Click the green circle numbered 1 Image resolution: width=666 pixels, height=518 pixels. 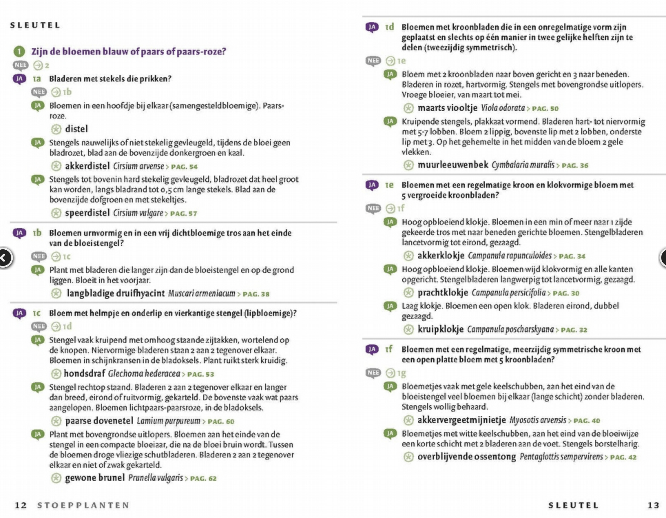19,52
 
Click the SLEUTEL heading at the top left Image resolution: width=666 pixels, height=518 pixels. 35,25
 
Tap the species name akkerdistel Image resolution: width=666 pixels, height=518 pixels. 87,166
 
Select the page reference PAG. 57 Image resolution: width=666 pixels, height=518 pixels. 184,214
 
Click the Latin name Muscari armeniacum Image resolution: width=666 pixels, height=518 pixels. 201,293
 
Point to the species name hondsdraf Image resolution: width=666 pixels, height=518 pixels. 84,374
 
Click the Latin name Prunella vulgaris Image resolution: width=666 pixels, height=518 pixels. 156,478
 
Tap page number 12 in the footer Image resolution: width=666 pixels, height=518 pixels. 21,505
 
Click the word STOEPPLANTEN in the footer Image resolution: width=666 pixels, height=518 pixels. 83,505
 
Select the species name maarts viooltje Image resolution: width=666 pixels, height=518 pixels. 447,108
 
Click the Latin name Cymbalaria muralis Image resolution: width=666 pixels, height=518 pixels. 523,165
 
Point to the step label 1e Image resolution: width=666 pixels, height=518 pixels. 389,185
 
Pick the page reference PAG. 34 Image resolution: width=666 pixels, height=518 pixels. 572,256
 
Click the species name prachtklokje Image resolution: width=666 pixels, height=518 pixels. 443,293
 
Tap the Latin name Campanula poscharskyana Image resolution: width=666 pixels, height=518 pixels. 510,330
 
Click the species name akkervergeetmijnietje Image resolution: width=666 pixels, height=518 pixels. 461,420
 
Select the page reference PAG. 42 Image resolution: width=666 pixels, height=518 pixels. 623,457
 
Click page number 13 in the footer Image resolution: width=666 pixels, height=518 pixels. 653,505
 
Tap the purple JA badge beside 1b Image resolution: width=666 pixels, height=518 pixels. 20,233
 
